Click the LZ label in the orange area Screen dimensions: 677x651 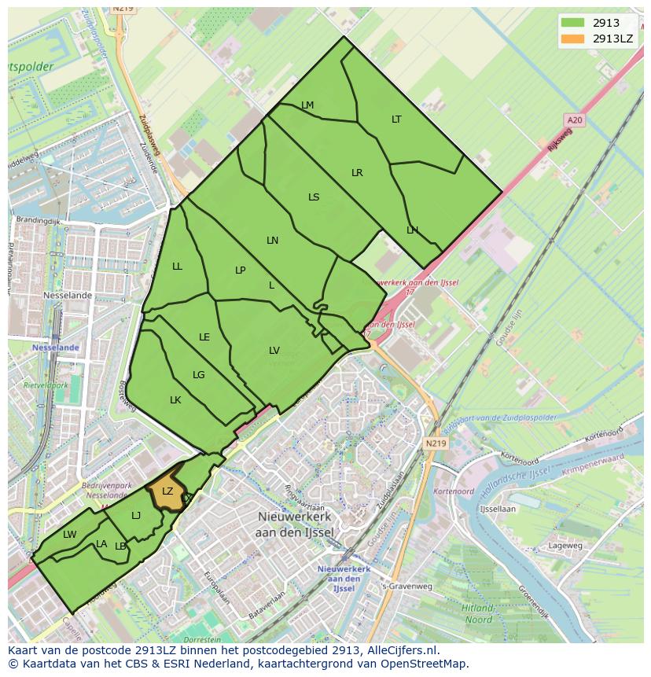(167, 491)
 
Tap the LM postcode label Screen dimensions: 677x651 (307, 105)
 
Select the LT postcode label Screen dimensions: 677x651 (396, 120)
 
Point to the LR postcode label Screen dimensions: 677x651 (357, 173)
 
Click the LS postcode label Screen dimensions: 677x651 (314, 197)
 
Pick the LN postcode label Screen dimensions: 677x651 (272, 241)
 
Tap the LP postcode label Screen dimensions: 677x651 (241, 270)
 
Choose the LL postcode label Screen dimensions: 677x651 (177, 267)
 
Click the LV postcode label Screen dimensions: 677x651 (274, 351)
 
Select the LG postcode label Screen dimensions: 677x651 (199, 375)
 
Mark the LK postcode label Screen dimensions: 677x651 (175, 400)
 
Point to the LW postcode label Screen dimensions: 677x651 (70, 535)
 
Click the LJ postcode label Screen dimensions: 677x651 (136, 516)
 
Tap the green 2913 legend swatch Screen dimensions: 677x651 (573, 23)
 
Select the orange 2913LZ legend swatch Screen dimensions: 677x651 (573, 38)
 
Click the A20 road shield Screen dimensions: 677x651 (575, 120)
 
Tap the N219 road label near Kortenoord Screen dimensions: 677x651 (436, 443)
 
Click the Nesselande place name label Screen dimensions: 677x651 (68, 296)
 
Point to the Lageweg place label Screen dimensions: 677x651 (565, 545)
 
